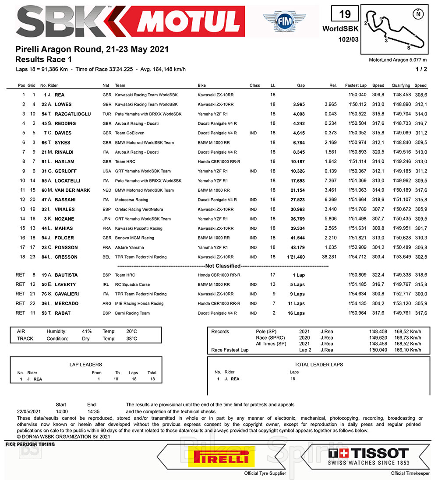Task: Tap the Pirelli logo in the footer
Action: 218,459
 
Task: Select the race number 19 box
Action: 345,14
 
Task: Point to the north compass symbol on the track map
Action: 419,14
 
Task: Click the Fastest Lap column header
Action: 356,85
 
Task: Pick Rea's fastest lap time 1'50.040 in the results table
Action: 356,95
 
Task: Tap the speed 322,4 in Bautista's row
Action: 378,275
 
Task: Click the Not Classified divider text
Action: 223,266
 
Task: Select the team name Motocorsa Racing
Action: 132,200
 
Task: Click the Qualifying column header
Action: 401,85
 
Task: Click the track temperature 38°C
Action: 131,338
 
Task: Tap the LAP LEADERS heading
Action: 86,364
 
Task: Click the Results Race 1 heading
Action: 43,59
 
